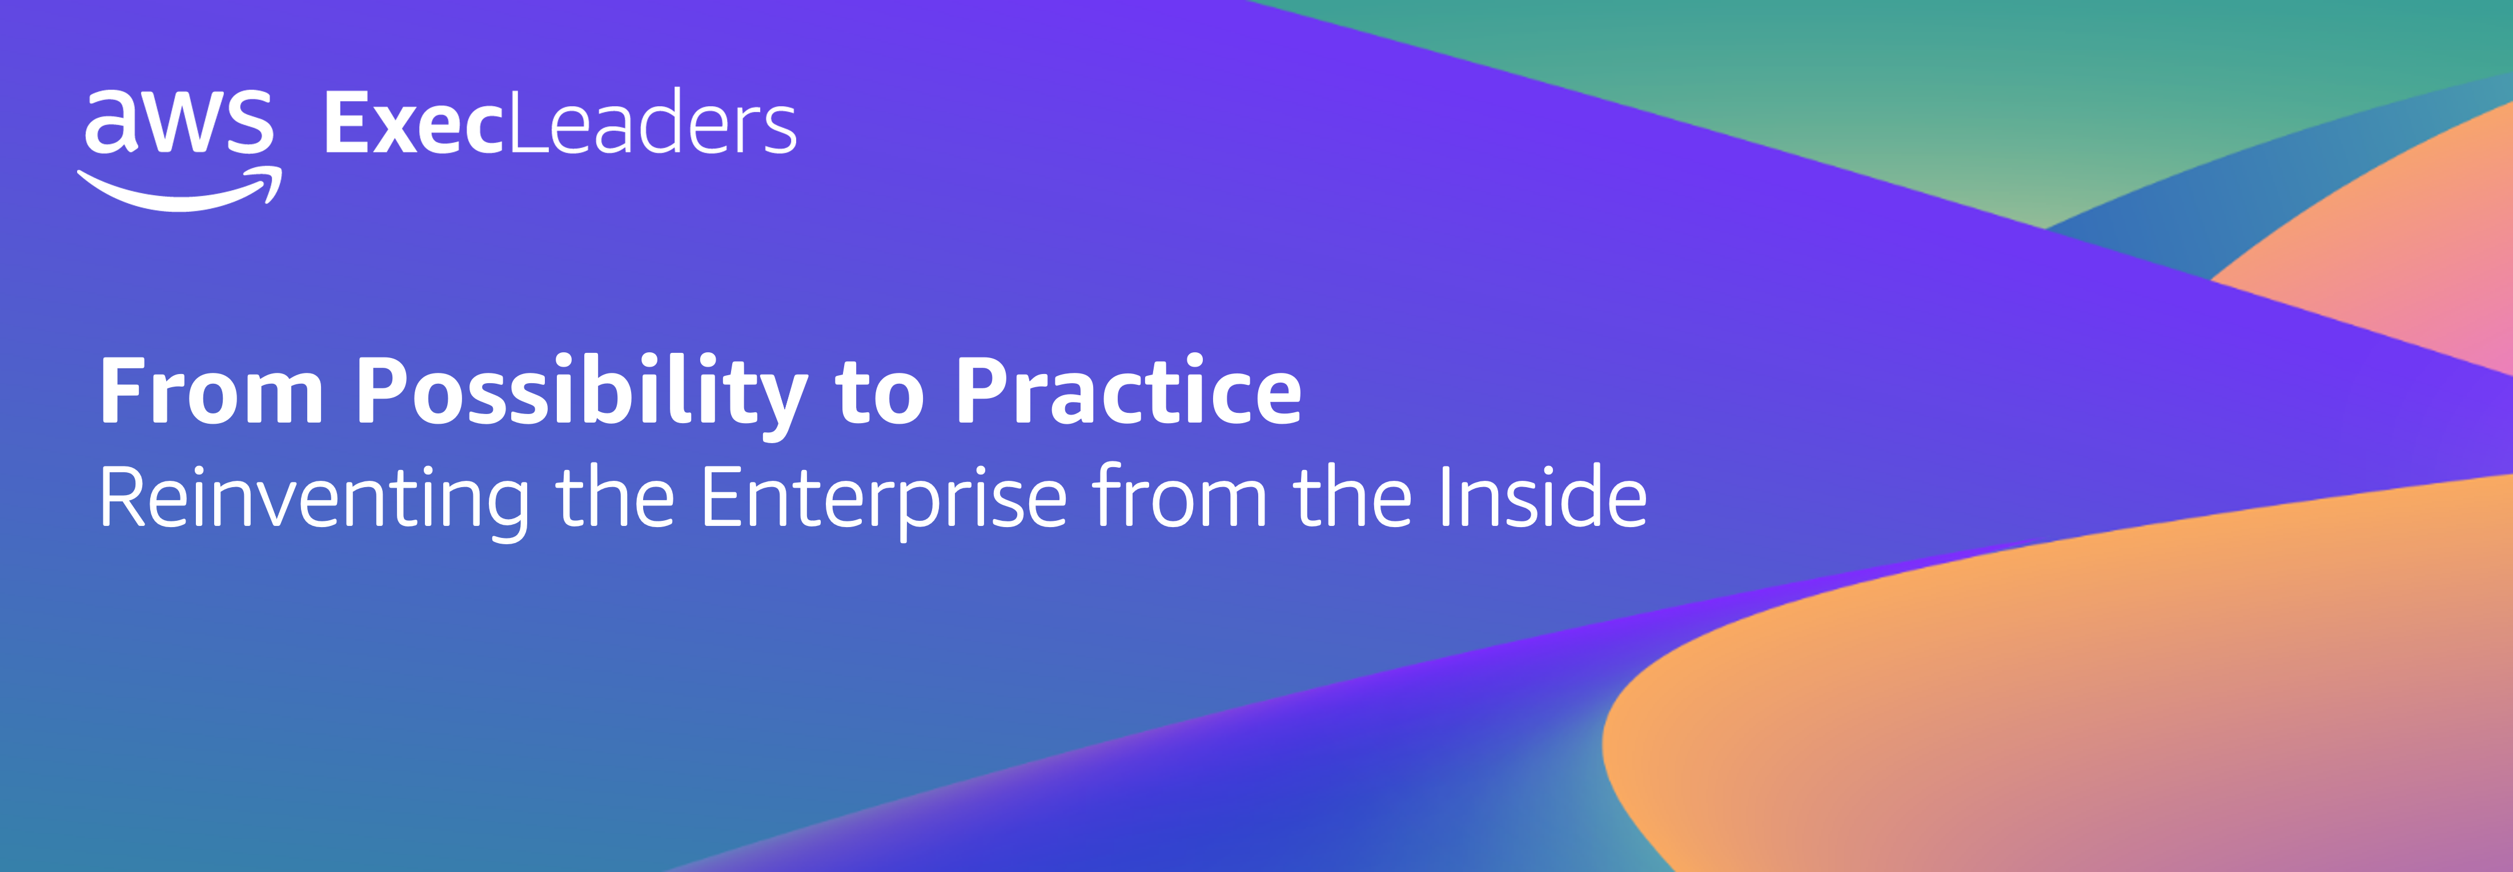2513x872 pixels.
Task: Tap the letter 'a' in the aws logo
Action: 110,122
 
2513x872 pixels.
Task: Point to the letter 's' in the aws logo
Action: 248,122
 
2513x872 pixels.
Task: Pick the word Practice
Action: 1129,390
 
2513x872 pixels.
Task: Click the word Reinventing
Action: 314,500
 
